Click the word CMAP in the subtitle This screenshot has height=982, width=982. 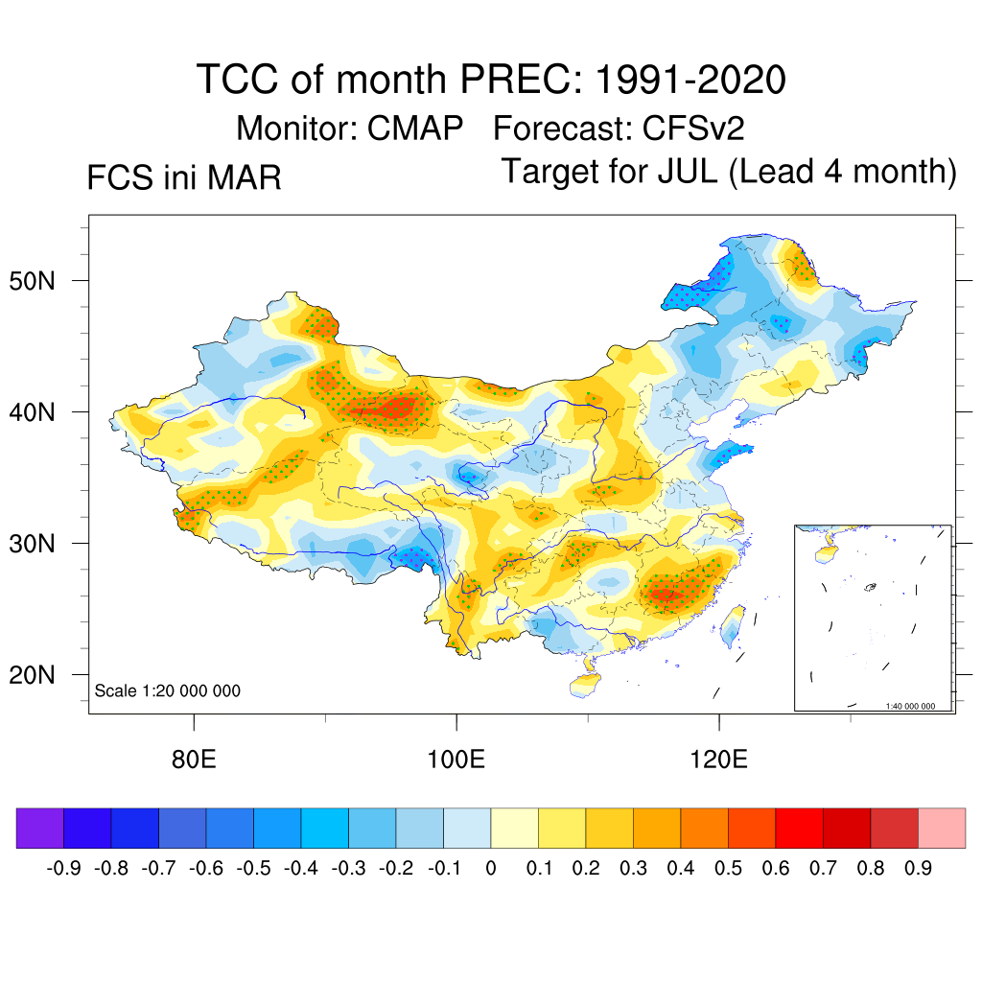(x=416, y=128)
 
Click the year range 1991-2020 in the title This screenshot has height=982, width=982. (x=690, y=80)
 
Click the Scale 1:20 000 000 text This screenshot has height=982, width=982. (x=168, y=690)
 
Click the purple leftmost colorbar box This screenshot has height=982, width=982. (x=39, y=828)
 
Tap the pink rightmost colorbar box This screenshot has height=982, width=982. (x=942, y=828)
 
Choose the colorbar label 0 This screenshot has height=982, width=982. (x=491, y=869)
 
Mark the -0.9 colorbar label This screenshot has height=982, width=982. (x=63, y=869)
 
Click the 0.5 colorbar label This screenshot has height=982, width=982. (x=728, y=869)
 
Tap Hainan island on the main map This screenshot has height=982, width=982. (x=583, y=685)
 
